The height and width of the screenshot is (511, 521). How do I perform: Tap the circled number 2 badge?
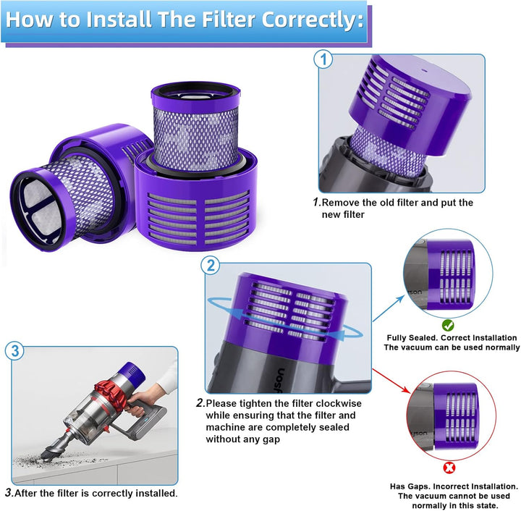click(x=211, y=265)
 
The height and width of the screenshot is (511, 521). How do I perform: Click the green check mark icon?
click(x=447, y=325)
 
